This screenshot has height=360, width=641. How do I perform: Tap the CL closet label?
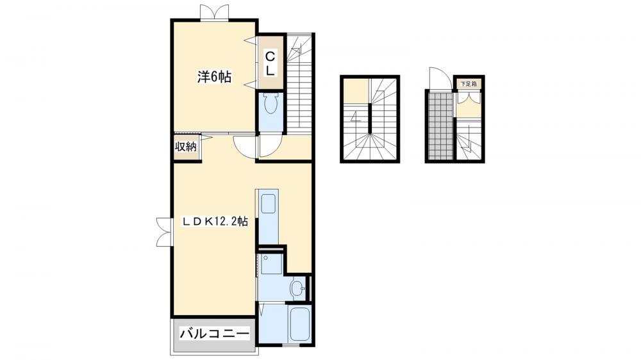271,63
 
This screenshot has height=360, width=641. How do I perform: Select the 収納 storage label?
186,147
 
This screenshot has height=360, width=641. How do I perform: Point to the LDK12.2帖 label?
215,222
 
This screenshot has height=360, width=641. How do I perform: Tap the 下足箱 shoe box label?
469,84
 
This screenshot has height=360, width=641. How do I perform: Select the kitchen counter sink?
268,204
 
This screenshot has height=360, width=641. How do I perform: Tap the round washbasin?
297,288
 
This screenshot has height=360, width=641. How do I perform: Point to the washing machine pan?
271,264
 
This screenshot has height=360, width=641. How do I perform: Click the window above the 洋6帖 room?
215,12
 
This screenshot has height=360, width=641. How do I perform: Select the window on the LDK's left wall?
164,232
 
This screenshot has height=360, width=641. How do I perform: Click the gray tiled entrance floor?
440,125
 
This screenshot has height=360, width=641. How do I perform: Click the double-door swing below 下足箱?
469,97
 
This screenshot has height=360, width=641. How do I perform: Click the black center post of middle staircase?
370,119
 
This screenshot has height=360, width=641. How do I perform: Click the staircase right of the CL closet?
299,84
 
